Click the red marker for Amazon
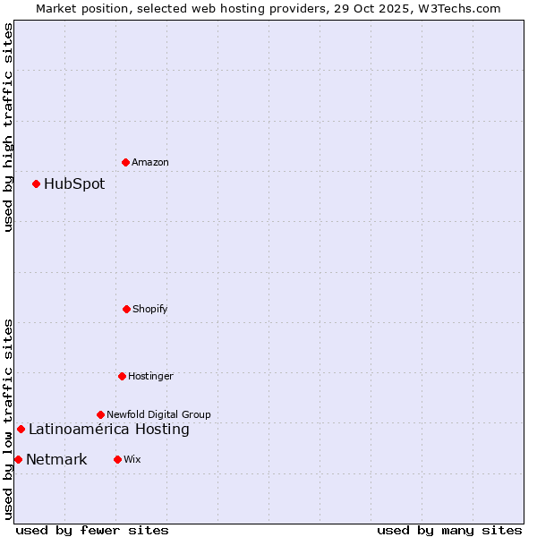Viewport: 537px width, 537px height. coord(126,162)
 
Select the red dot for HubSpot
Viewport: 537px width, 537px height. coord(37,183)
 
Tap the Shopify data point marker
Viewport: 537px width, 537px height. coord(126,309)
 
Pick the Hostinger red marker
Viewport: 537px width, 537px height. coord(122,376)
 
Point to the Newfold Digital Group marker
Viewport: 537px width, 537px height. coord(100,414)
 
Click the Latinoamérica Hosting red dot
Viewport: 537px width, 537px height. coord(21,429)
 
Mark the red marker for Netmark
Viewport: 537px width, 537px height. coord(18,459)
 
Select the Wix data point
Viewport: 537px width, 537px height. coord(117,459)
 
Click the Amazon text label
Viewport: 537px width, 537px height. coord(150,162)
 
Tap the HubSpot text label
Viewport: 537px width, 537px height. coord(74,183)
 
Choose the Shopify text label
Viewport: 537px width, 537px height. coord(150,309)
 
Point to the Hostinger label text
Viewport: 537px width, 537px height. coord(150,376)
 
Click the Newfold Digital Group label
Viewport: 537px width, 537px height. coord(158,414)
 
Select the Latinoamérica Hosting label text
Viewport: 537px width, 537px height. coord(109,429)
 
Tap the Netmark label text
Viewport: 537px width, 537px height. coord(56,459)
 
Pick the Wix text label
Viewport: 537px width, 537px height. coord(132,459)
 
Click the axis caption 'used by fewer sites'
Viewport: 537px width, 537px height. coord(92,530)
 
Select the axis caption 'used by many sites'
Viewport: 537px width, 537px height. coord(449,530)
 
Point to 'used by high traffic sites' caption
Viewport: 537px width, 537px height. coord(8,127)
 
